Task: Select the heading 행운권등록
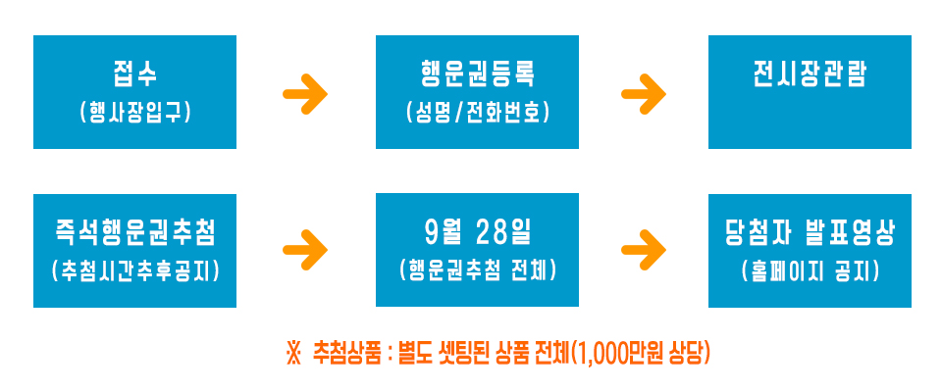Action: click(x=477, y=73)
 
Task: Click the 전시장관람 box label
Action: click(x=810, y=75)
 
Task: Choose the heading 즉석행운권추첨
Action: click(x=134, y=232)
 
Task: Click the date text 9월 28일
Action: click(x=477, y=232)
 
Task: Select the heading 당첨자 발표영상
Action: click(x=810, y=232)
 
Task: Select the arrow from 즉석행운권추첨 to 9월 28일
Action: click(x=305, y=250)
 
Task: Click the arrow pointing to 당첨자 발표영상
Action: click(x=644, y=250)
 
